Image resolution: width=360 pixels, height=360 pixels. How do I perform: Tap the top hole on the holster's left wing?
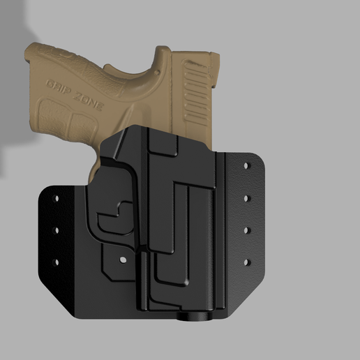pos(55,200)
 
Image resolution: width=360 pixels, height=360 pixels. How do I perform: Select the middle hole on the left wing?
pos(55,230)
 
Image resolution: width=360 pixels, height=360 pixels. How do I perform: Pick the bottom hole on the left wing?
pos(55,262)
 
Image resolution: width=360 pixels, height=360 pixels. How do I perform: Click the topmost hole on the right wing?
pos(246,167)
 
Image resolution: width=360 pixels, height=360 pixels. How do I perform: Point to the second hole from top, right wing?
pos(246,199)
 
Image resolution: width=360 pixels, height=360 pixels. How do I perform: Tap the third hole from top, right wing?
pos(246,230)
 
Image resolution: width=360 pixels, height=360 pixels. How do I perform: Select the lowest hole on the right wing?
pos(246,262)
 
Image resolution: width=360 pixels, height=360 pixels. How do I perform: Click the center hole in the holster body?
pos(123,260)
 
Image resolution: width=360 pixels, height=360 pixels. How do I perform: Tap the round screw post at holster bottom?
pos(195,317)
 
